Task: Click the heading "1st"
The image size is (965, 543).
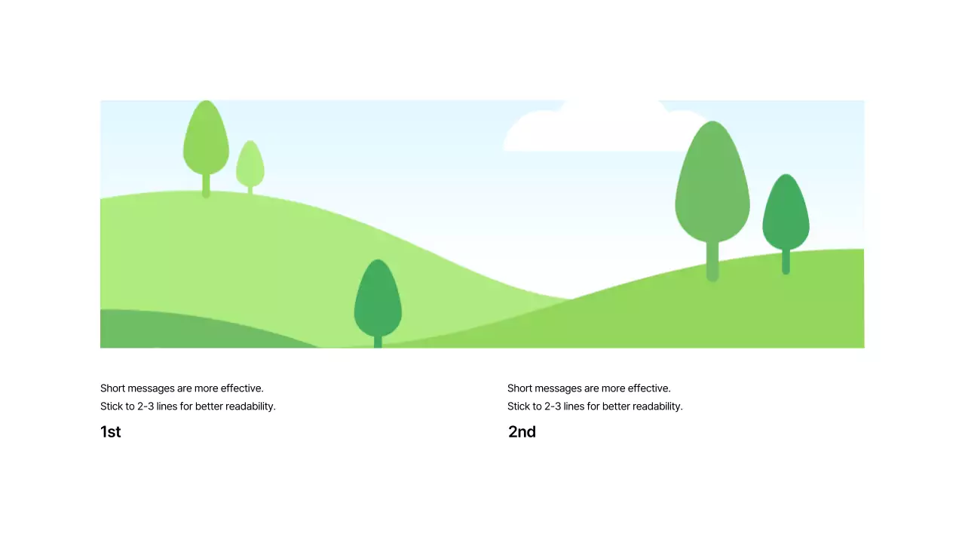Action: pos(110,432)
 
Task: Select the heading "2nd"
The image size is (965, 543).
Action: pos(522,432)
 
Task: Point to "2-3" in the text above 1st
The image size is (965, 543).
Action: pos(146,406)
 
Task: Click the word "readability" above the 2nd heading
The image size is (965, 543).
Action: pos(657,406)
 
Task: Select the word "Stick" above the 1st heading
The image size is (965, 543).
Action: pos(112,406)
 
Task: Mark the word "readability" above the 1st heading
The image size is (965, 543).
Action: pos(250,406)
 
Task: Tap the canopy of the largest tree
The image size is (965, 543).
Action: pos(712,189)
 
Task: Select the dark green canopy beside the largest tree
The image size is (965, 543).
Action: pos(786,215)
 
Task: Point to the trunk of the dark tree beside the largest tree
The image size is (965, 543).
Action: pos(786,262)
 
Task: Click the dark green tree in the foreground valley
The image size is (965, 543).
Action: pos(378,302)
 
